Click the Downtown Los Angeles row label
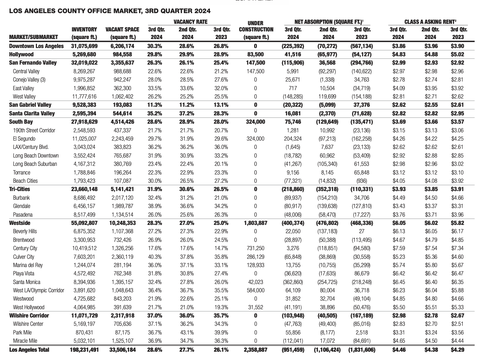(x=36, y=46)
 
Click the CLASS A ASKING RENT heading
(x=430, y=22)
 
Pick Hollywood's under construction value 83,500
(x=256, y=54)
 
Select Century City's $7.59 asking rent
(x=398, y=248)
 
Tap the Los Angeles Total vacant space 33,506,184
(x=122, y=350)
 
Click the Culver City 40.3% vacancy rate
(x=155, y=257)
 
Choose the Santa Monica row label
(x=27, y=282)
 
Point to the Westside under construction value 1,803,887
(x=256, y=223)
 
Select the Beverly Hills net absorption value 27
(x=361, y=231)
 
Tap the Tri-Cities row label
(x=19, y=189)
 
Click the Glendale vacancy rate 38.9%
(x=155, y=206)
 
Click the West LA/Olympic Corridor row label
(x=38, y=290)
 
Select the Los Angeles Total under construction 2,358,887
(x=256, y=350)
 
